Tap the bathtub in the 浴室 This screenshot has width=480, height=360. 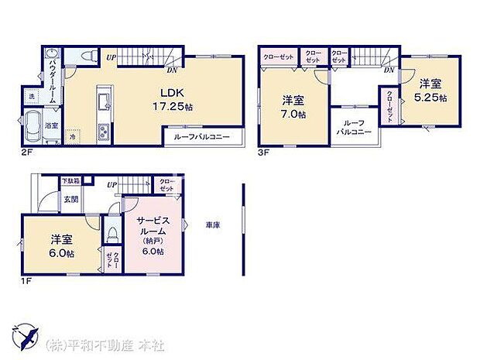point(35,123)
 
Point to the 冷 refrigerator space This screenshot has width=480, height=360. point(72,135)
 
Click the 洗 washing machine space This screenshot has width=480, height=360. point(32,95)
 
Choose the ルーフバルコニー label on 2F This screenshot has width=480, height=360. point(203,138)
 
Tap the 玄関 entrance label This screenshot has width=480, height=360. point(70,200)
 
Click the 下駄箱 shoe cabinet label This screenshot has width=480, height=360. point(70,181)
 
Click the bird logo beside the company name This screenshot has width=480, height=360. point(26,339)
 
